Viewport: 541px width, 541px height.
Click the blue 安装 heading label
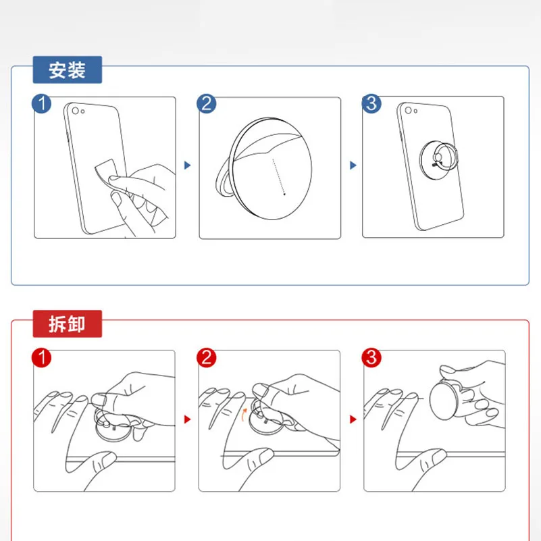(x=68, y=70)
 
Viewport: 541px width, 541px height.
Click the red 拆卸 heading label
(x=68, y=324)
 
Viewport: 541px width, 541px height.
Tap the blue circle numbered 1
(x=41, y=103)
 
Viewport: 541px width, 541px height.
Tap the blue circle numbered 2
(x=206, y=103)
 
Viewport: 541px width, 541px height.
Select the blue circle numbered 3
(x=371, y=103)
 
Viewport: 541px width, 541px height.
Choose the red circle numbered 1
(x=41, y=357)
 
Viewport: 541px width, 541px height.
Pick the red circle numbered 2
(x=206, y=357)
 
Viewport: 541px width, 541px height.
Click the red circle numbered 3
(x=371, y=357)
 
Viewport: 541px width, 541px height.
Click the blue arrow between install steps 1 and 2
(x=187, y=165)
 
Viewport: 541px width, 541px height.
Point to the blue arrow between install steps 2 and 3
(x=353, y=165)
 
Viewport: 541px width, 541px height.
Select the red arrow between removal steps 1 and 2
(x=187, y=419)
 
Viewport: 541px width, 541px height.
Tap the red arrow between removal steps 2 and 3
(x=353, y=419)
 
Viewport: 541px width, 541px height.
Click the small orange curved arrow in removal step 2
(x=244, y=415)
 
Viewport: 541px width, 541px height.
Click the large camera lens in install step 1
(x=75, y=111)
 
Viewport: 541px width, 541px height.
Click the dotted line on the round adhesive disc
(x=279, y=177)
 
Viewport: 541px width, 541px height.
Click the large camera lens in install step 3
(x=408, y=110)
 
